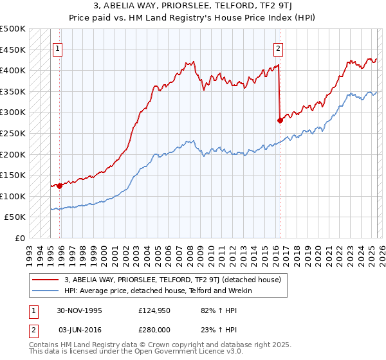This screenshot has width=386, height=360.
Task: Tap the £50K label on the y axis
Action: pos(15,217)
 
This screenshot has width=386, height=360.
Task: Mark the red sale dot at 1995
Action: pos(59,186)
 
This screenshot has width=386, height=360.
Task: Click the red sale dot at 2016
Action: pos(280,120)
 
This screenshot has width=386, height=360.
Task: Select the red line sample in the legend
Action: pos(46,280)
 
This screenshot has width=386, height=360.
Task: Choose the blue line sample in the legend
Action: pos(46,291)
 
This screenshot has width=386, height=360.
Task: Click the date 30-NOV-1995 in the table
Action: pos(79,310)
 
